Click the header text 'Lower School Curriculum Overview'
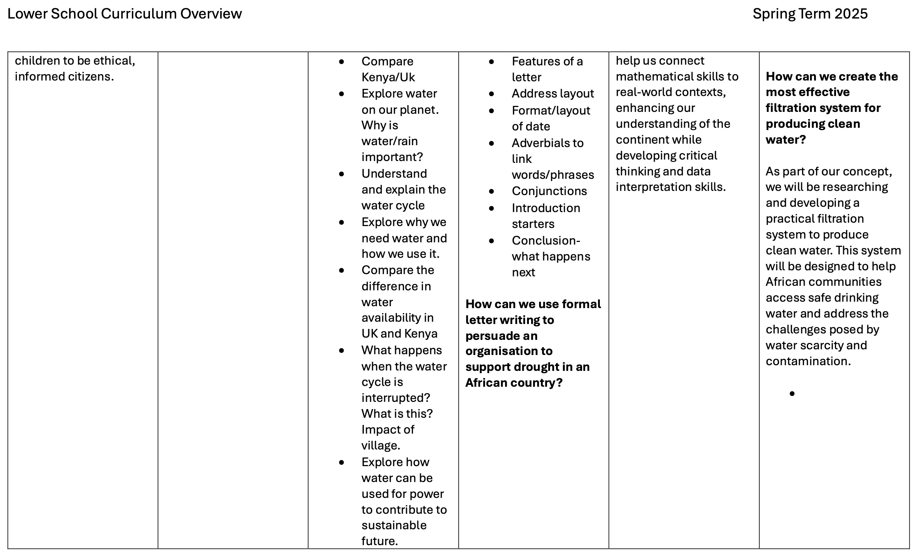(x=124, y=14)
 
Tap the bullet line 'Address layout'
(x=552, y=93)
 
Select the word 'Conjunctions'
(x=549, y=191)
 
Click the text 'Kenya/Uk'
(x=388, y=77)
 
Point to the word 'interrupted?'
(x=396, y=398)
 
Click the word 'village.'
(x=380, y=445)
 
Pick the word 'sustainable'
(x=394, y=525)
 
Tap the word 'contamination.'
(x=808, y=361)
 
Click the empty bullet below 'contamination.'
(x=792, y=394)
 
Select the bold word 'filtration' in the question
(x=791, y=108)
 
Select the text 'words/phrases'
(x=553, y=175)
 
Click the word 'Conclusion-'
(x=545, y=240)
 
